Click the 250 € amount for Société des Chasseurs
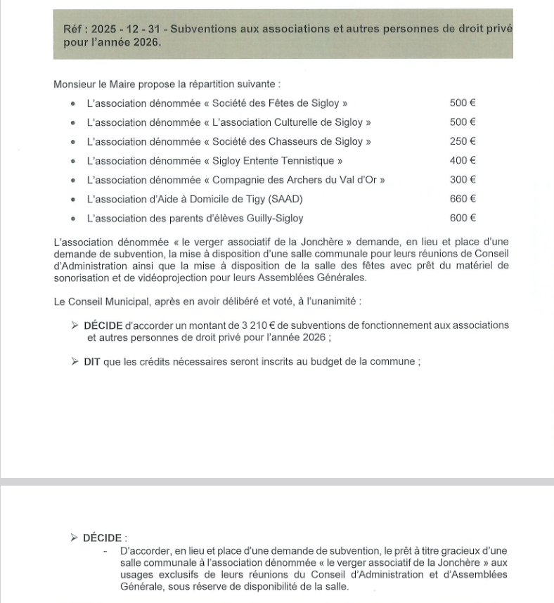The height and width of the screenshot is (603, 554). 463,141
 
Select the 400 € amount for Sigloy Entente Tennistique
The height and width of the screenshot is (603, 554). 463,160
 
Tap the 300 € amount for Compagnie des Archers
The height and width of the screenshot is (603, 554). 463,180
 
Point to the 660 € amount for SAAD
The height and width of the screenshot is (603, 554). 463,199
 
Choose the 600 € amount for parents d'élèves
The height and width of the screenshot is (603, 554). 463,218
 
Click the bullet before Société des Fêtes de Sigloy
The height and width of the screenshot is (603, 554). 74,103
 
